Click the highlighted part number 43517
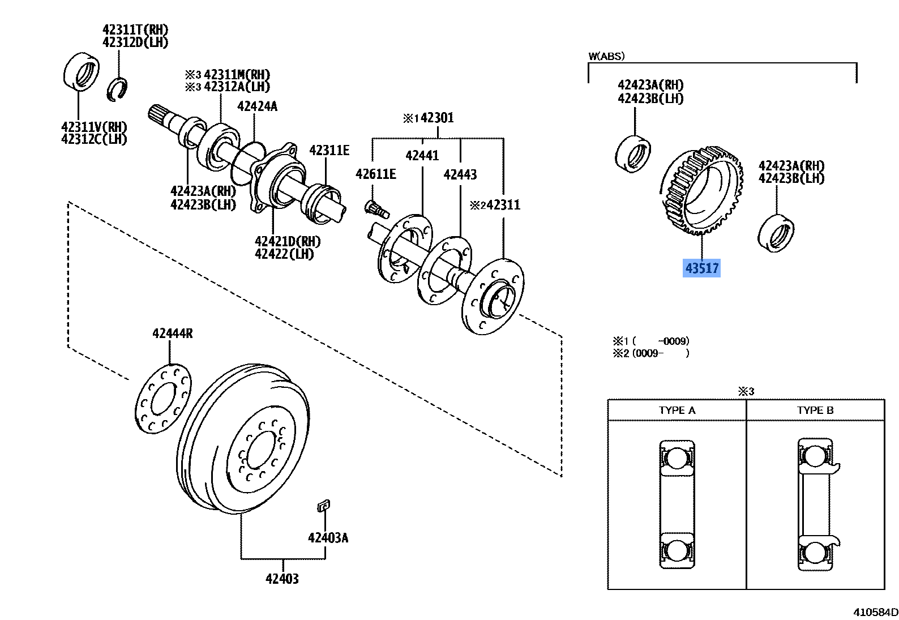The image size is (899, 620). point(701,268)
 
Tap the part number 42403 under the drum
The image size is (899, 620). point(282,579)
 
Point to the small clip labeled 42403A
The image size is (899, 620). point(323,506)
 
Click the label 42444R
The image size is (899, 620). point(172,333)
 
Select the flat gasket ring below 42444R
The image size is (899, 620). point(164,399)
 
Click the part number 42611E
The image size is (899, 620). point(375,174)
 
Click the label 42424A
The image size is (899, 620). point(257,106)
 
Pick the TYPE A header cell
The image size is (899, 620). point(677,411)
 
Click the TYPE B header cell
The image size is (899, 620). point(815,411)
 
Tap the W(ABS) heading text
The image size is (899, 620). point(606,56)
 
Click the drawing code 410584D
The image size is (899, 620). point(875,612)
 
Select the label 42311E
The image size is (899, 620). point(329,150)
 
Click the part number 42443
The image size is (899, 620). point(460,174)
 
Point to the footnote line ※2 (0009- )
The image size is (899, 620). point(651,353)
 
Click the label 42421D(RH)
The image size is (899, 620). point(288,242)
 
